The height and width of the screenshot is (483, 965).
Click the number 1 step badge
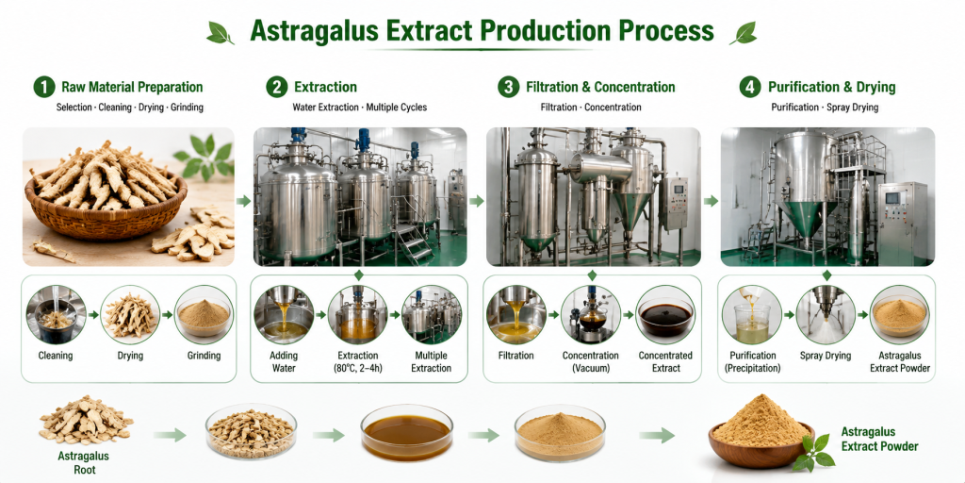click(44, 88)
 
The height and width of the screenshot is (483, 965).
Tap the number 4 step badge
click(749, 88)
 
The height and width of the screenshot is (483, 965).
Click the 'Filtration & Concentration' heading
click(600, 88)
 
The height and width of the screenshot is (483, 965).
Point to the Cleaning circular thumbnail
click(56, 315)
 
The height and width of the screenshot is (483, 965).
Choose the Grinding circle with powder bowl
click(204, 315)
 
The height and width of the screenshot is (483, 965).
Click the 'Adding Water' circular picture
click(284, 315)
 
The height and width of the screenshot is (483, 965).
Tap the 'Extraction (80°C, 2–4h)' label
click(357, 362)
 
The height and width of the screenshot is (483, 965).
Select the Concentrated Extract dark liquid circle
click(665, 315)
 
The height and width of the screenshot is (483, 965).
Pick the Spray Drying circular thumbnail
click(826, 315)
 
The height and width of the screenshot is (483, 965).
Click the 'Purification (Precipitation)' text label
click(752, 362)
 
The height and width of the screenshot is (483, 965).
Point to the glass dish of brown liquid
click(407, 432)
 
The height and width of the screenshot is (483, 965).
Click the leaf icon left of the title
click(220, 33)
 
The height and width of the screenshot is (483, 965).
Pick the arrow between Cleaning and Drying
click(93, 315)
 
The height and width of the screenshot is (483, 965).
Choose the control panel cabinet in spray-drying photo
click(902, 223)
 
